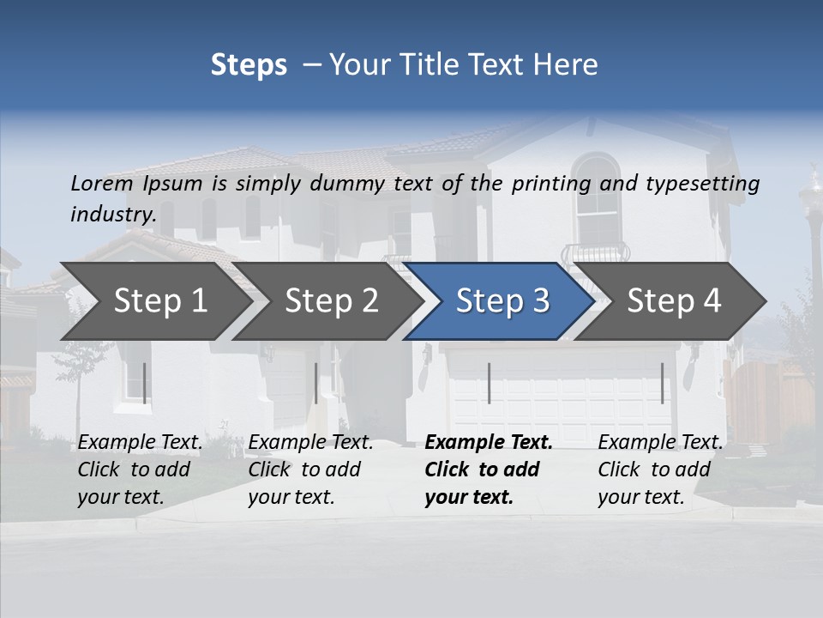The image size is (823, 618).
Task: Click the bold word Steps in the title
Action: pos(249,65)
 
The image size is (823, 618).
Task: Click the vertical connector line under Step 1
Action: pos(144,383)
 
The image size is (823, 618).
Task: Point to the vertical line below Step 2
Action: pos(316,383)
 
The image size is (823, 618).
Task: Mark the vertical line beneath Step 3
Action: pos(489,383)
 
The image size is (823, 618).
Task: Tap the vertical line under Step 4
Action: pos(662,383)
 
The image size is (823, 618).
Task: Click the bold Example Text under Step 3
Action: pos(489,443)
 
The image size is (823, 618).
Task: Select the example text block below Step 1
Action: pos(140,470)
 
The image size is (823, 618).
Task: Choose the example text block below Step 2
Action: pos(310,470)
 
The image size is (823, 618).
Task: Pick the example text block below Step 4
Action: pos(660,470)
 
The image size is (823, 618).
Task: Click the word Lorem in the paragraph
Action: pos(102,184)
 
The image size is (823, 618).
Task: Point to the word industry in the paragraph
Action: pos(112,215)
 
